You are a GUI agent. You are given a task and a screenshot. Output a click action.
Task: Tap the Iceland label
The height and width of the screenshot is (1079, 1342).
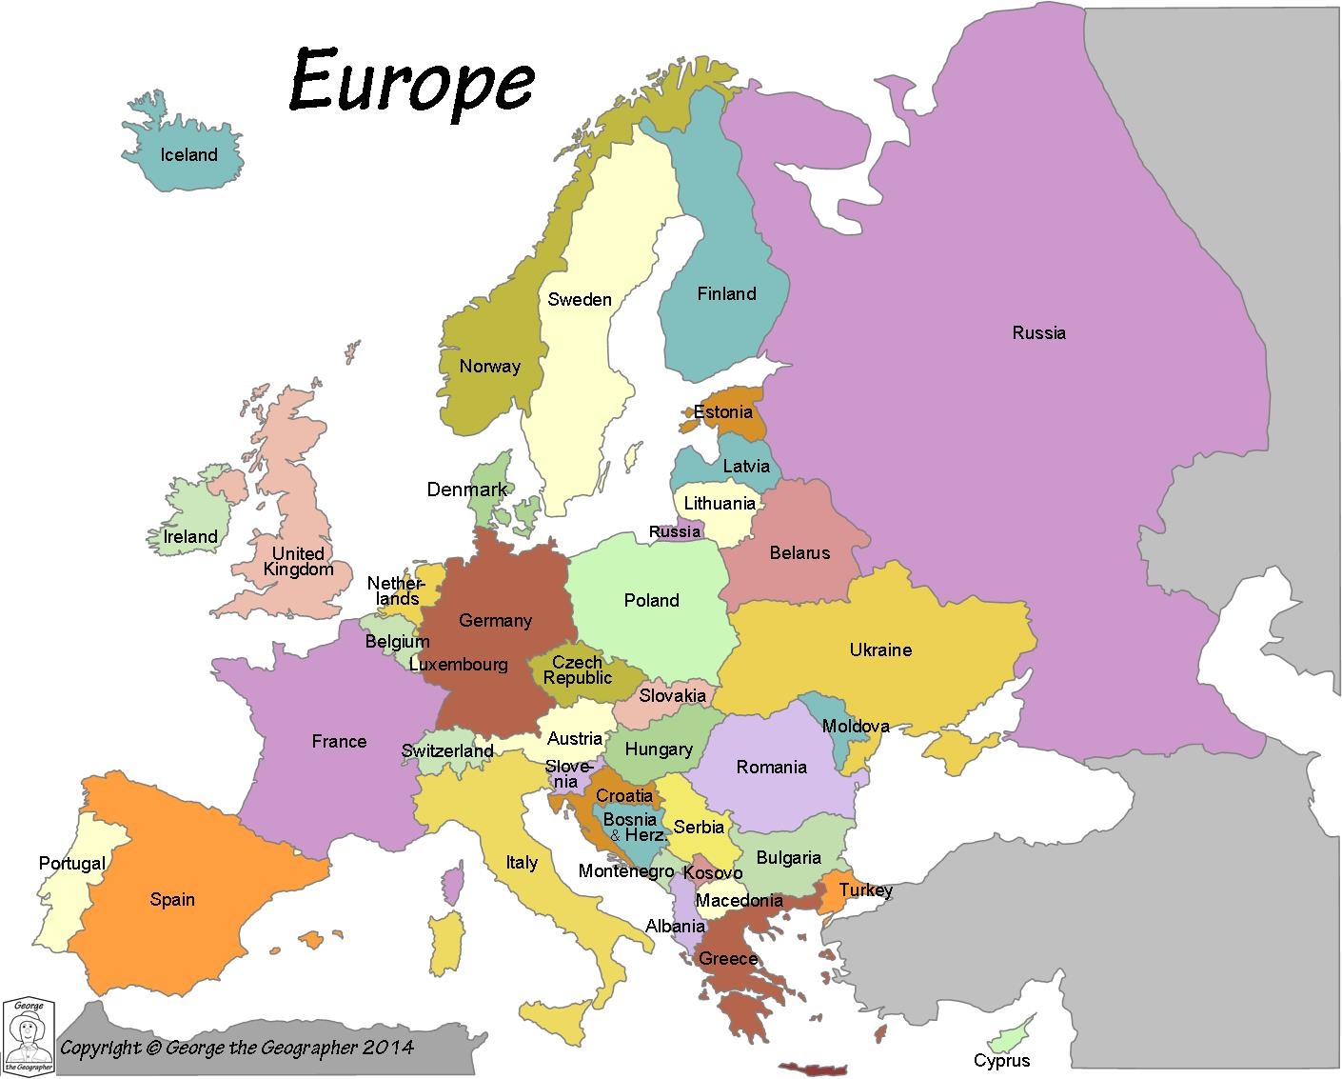point(188,155)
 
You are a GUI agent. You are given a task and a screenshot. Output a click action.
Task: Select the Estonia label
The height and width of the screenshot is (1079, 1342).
point(723,412)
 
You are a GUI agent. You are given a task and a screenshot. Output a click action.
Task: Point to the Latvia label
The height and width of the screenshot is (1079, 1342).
point(746,467)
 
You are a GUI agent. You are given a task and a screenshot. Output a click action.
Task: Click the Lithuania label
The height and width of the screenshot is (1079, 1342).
point(720,504)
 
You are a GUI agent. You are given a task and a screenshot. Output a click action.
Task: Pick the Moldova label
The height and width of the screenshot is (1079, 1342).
point(856,727)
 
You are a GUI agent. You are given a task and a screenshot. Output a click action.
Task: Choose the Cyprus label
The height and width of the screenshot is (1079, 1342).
point(1001,1061)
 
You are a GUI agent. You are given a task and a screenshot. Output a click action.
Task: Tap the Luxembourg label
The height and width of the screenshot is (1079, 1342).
point(458,665)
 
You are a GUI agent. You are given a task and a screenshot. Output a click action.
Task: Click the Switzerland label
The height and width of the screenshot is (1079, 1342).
point(447,750)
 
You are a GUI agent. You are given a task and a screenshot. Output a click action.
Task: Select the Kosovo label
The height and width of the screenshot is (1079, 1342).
point(713,872)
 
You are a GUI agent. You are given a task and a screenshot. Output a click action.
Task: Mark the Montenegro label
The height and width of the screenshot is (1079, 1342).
point(626,870)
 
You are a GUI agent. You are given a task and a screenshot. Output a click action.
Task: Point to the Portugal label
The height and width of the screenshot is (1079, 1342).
point(72,864)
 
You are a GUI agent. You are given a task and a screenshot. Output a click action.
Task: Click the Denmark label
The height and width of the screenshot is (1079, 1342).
point(467,490)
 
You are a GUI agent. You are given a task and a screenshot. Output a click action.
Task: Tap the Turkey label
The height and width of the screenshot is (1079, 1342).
point(865,890)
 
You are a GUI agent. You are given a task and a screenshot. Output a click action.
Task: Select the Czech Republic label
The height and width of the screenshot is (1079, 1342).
point(578,670)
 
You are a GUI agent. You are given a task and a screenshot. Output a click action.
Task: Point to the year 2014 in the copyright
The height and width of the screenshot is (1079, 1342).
point(388,1048)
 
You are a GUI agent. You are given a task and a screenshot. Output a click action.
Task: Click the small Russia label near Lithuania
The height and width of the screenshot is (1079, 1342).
point(675,531)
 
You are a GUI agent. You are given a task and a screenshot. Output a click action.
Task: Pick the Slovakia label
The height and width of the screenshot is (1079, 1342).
point(673,696)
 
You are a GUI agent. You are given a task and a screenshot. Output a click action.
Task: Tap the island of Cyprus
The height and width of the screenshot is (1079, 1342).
point(1009,1033)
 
